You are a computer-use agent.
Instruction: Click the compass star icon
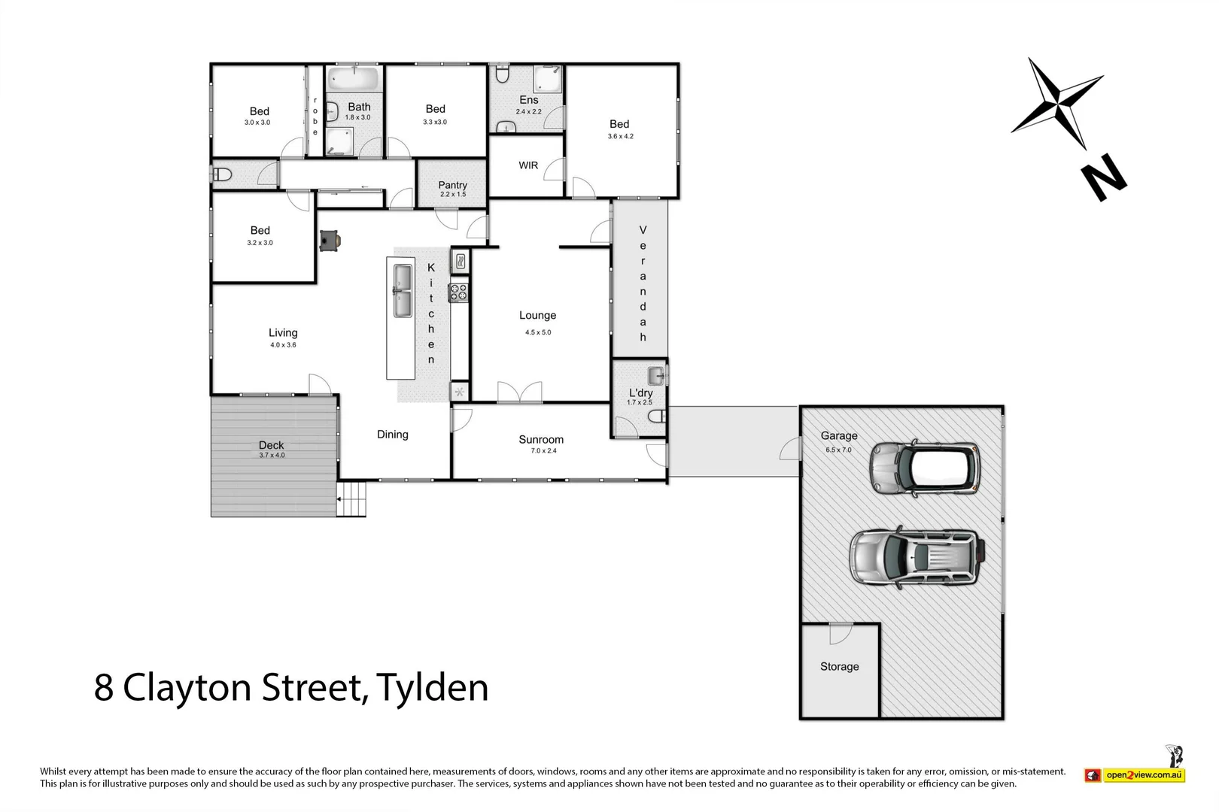tap(1056, 103)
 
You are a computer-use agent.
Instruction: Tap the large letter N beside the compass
tap(1103, 177)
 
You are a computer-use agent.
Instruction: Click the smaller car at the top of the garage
tap(925, 468)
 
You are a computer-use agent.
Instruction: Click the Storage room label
tap(839, 667)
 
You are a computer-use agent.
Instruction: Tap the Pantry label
tap(452, 185)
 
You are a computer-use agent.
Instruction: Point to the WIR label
tap(528, 165)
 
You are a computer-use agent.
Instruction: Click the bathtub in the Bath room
tap(354, 78)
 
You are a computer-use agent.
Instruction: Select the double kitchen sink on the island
tap(400, 290)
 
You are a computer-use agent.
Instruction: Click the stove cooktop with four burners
tap(459, 292)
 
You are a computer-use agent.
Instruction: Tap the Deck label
tap(271, 445)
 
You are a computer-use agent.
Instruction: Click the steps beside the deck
tap(351, 499)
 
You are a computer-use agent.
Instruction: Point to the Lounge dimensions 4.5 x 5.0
tap(538, 332)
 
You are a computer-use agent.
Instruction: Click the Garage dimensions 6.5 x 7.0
tap(838, 450)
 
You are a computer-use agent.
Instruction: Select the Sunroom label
tap(540, 440)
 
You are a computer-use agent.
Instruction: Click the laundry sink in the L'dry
tap(657, 374)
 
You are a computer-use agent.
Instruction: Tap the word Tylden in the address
tap(432, 688)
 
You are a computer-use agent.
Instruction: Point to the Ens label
tap(529, 100)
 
